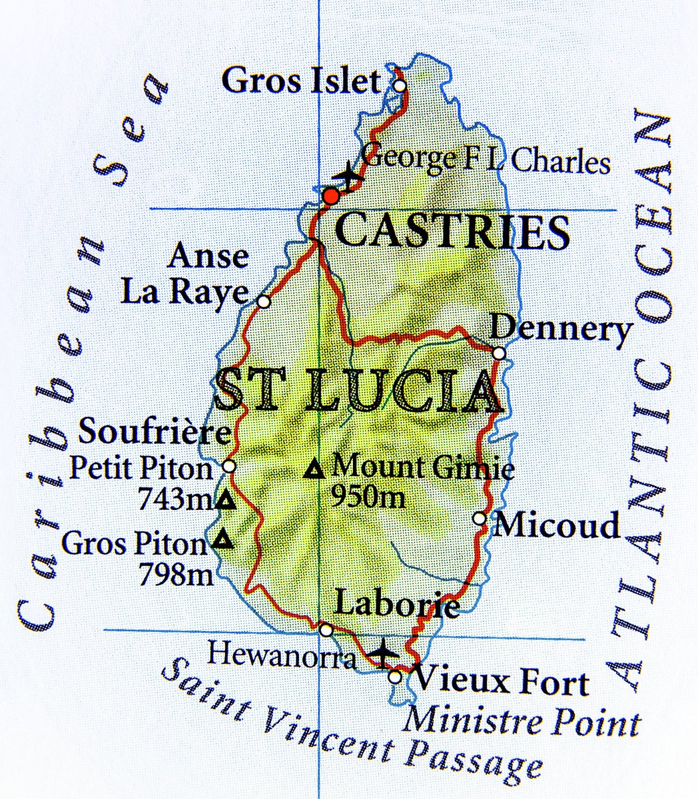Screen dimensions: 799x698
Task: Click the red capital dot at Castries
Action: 331,196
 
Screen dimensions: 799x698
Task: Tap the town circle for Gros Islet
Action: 399,85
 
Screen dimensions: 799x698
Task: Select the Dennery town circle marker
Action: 499,353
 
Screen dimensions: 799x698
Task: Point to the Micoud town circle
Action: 479,518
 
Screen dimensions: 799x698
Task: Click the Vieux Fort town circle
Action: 395,676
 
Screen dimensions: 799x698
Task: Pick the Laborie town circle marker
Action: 326,630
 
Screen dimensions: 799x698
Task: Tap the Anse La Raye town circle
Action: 264,302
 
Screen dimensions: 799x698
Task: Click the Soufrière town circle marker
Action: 229,466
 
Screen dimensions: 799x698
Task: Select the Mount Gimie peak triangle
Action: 314,470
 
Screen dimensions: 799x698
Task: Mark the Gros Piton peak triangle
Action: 224,539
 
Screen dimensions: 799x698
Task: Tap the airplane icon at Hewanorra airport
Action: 384,653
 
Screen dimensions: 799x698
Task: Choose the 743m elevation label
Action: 176,498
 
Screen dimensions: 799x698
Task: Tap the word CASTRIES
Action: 453,232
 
